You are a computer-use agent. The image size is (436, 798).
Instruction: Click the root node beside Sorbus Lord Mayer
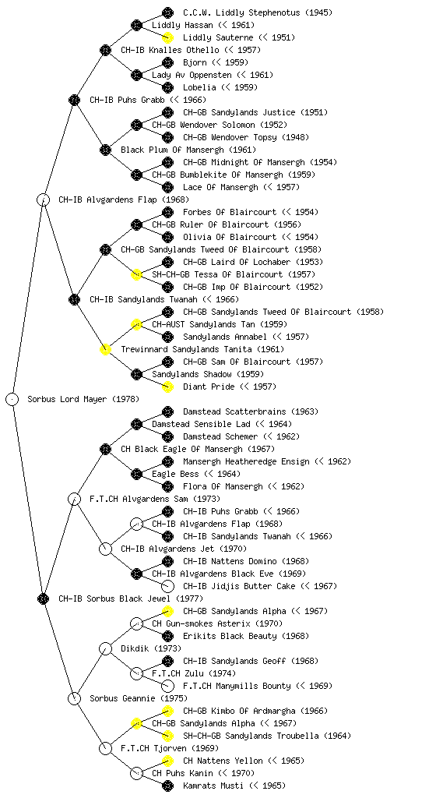12,399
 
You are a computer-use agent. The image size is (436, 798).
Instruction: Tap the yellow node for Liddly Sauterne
167,37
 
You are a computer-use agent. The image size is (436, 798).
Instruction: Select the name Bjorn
195,62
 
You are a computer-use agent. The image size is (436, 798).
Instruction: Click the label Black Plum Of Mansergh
172,150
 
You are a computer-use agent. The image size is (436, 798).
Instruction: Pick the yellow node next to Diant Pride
167,387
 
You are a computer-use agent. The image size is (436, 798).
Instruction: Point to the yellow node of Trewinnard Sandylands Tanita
105,349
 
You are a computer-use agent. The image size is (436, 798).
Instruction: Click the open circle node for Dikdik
105,648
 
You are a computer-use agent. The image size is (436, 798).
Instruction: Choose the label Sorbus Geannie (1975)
139,698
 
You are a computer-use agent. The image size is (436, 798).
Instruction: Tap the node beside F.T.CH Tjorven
105,748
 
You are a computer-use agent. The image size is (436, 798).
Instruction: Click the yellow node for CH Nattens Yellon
167,761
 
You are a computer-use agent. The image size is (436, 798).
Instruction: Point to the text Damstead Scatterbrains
227,411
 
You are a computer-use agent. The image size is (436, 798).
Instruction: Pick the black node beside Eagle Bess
136,474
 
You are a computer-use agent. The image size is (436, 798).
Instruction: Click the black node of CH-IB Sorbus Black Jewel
43,598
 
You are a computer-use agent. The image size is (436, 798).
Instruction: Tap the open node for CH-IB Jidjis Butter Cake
167,586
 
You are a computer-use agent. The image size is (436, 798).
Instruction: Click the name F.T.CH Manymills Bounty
237,686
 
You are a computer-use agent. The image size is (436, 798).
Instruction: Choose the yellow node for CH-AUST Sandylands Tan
136,324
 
